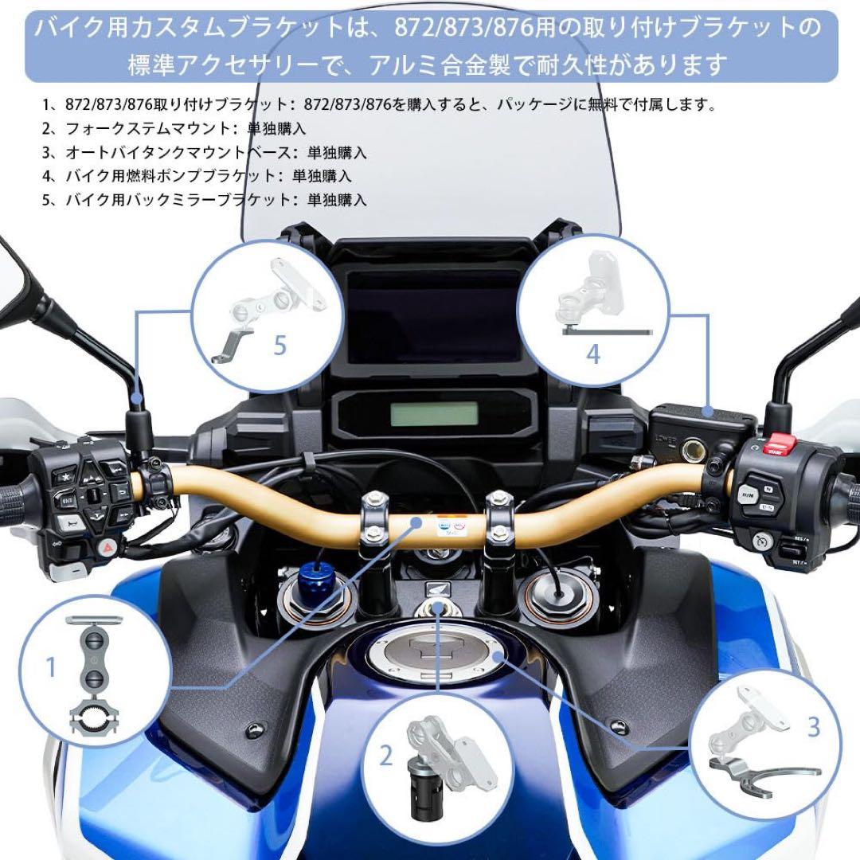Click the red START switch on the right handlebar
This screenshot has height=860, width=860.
[780, 445]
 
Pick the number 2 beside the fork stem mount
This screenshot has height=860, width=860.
[386, 755]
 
